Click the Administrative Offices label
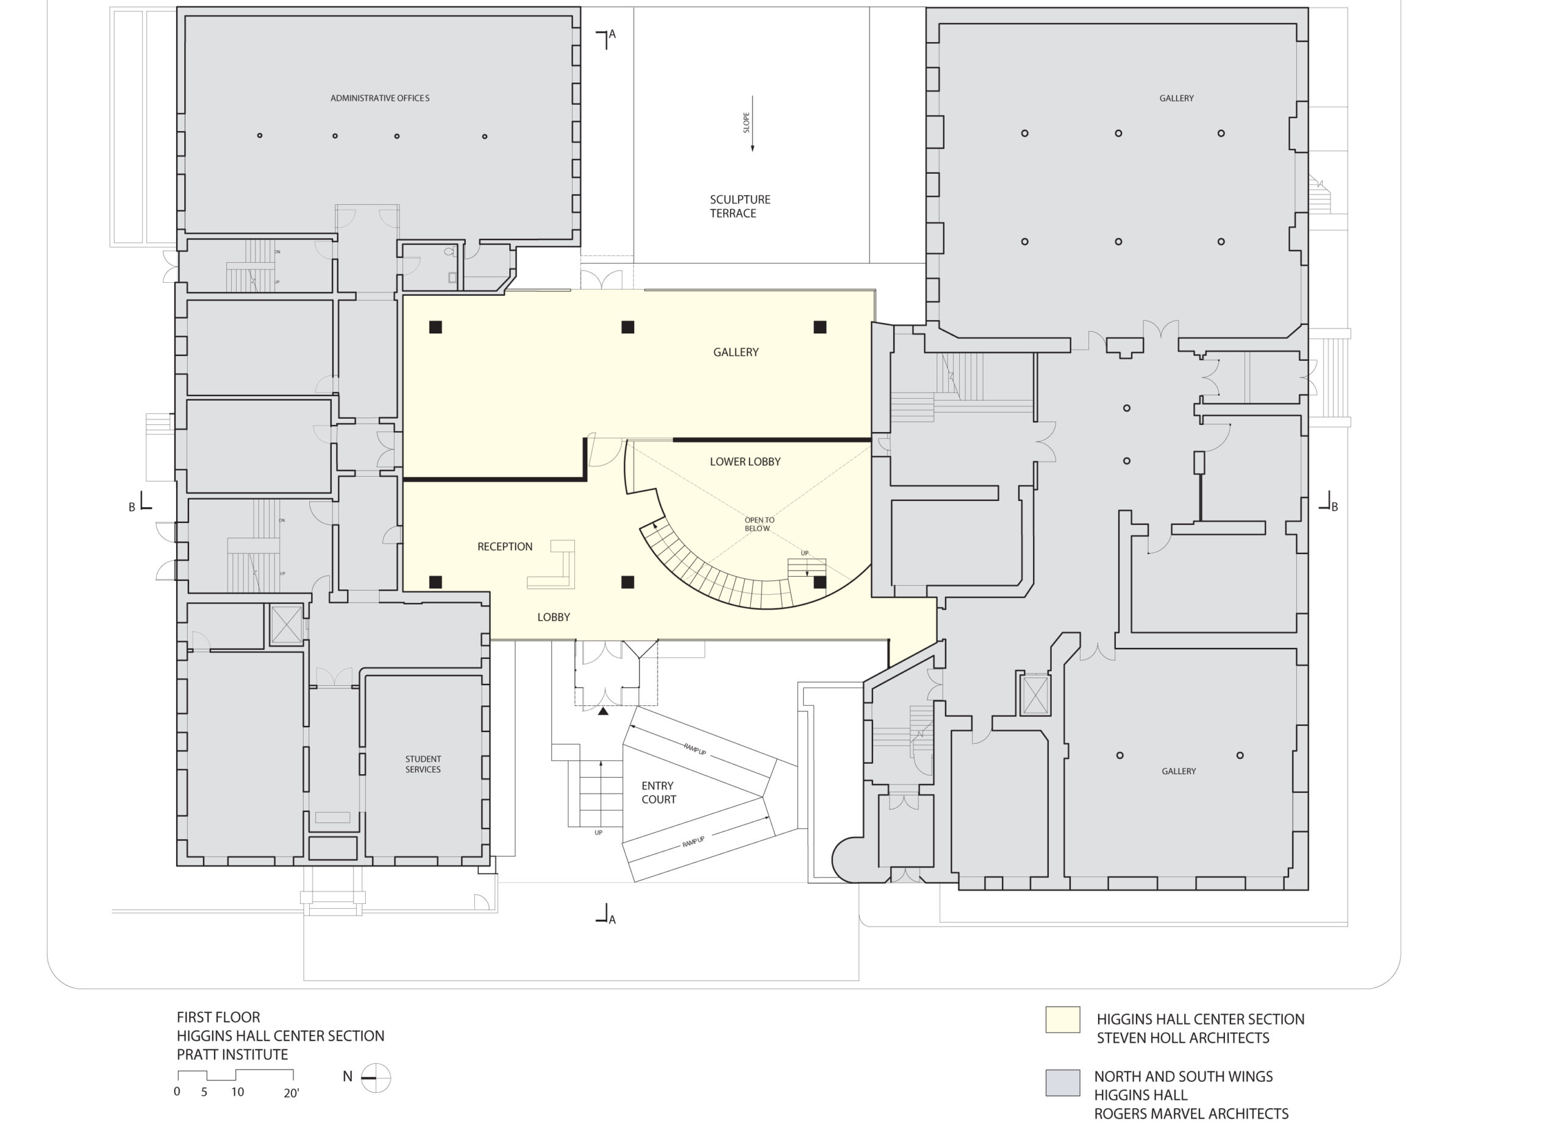[379, 98]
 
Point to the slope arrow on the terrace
[752, 124]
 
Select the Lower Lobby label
[745, 461]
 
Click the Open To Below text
[759, 524]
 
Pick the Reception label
[504, 547]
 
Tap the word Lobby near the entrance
[554, 617]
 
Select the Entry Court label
[658, 792]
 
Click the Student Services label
[423, 764]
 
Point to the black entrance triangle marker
[603, 712]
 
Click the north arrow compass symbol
[376, 1078]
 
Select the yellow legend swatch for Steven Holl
[1062, 1019]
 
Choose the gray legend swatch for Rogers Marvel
[1062, 1083]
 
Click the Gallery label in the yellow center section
[735, 352]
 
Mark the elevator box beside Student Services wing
[285, 625]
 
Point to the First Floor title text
[218, 1017]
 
